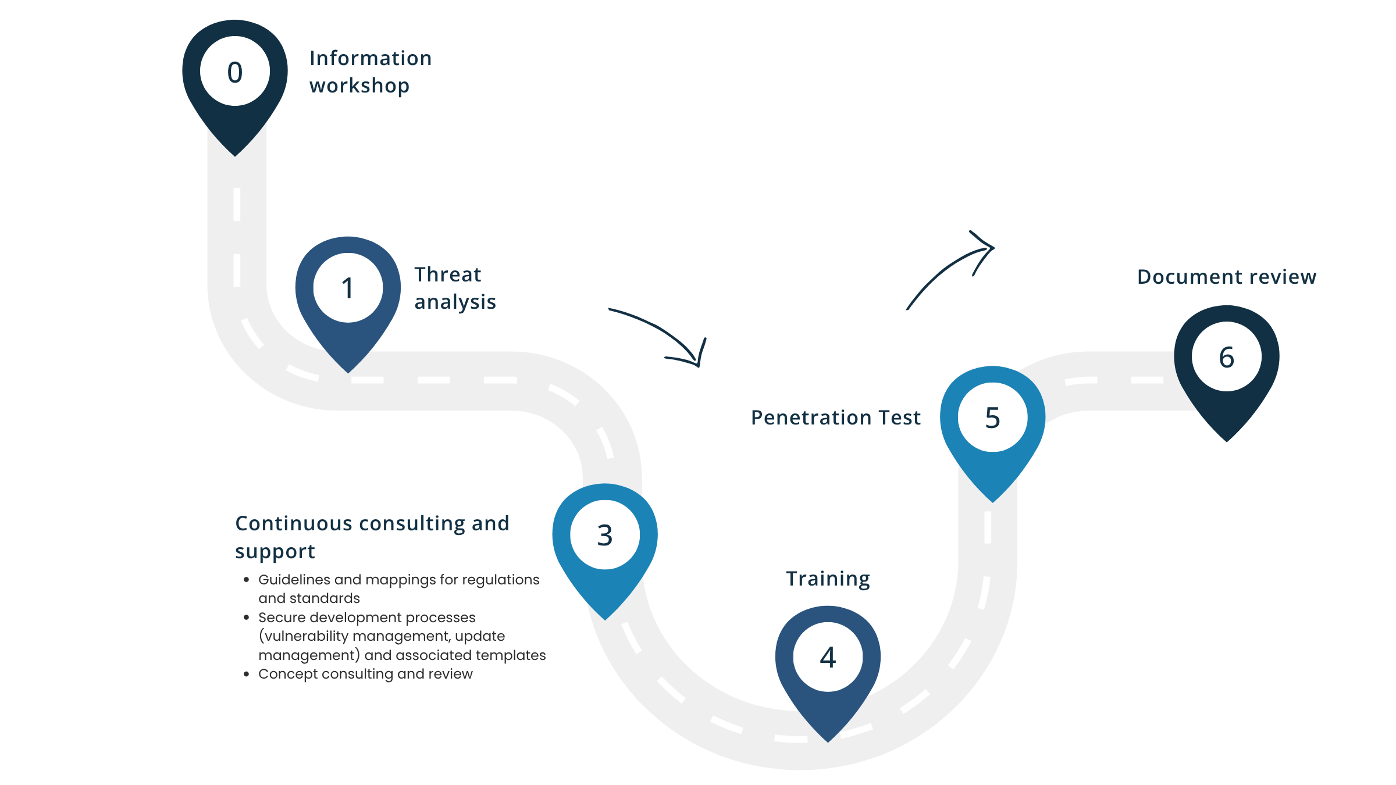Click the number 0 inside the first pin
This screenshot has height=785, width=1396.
(x=235, y=72)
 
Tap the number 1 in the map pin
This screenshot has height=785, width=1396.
(x=348, y=288)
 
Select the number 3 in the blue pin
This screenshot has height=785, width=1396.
(x=605, y=535)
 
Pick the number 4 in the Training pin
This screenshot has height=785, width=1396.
(x=828, y=658)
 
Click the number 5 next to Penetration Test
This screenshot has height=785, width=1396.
(x=992, y=418)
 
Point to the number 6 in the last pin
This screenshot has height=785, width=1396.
(x=1226, y=357)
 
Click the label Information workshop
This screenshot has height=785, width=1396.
(x=370, y=72)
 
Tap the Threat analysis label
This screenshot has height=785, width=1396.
(x=454, y=288)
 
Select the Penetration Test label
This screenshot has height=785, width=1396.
(x=835, y=418)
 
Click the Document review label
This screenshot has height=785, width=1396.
(x=1226, y=277)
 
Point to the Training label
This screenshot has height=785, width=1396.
(x=828, y=579)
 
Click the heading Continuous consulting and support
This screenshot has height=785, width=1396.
(x=372, y=537)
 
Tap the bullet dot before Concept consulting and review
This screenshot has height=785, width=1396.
(x=247, y=674)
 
